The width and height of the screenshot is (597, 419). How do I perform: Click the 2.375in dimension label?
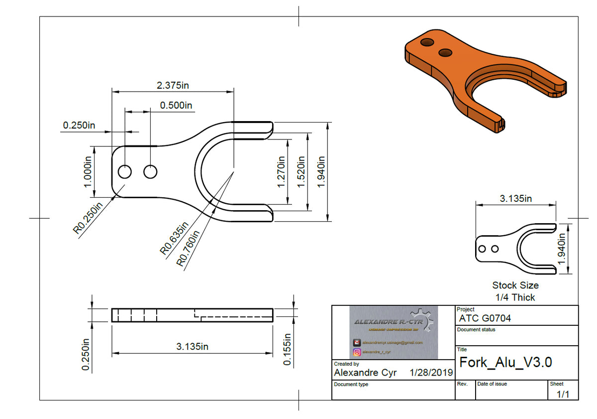point(173,85)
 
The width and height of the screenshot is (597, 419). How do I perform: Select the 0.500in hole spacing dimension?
point(176,105)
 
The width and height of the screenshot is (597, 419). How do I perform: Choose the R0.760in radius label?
point(189,248)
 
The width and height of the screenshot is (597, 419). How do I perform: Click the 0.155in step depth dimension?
point(287,348)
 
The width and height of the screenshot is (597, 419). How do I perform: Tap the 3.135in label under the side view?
point(192,347)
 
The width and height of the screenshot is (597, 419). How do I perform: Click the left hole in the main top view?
point(124,172)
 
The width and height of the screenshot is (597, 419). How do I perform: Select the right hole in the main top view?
point(150,172)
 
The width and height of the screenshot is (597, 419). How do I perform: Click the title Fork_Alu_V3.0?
point(505,362)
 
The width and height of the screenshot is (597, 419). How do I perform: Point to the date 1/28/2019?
point(431,373)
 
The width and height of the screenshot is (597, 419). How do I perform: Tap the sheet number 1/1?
point(563,394)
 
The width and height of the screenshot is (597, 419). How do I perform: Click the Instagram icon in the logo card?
point(357,352)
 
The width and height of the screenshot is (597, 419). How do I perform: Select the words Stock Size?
point(515,285)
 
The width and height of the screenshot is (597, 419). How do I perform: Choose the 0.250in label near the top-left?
point(79,125)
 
